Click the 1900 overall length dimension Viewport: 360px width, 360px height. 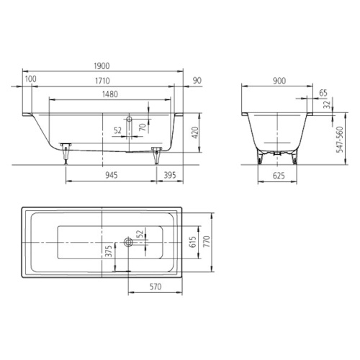102,66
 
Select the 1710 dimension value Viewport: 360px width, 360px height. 102,81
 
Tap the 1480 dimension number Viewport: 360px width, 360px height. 110,94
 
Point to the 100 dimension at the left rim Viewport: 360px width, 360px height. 31,79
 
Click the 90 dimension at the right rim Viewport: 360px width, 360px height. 197,81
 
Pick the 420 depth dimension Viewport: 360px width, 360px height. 195,132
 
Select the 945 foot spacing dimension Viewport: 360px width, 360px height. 112,175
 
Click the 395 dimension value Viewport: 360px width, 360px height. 170,175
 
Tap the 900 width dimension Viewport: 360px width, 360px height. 279,81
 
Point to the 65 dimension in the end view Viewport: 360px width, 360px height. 323,93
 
